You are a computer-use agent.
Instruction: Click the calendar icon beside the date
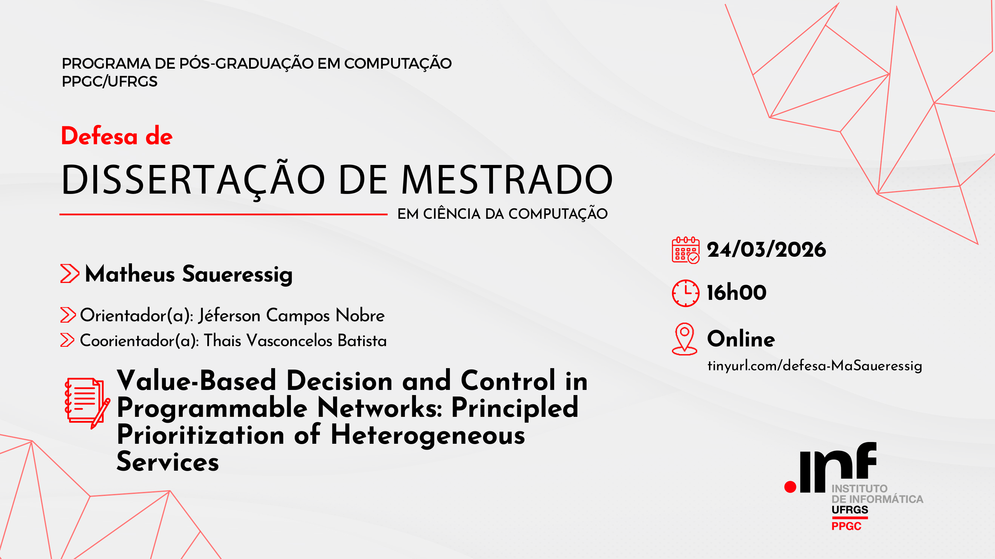point(685,250)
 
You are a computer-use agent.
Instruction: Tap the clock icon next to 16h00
point(685,293)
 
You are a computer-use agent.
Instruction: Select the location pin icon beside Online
point(684,339)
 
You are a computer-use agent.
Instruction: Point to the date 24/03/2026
point(766,249)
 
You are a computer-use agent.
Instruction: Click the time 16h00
point(737,292)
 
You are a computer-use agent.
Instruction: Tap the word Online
point(741,339)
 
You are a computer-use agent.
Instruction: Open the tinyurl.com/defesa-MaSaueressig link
point(815,365)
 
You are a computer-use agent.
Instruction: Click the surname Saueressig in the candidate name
point(237,275)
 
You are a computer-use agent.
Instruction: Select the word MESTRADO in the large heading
point(507,180)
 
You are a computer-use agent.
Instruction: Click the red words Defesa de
point(117,136)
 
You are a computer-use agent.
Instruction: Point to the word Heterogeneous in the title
point(428,435)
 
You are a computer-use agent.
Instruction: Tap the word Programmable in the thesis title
point(212,408)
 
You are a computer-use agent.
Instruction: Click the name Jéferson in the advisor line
point(229,316)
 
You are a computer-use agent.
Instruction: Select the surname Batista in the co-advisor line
point(362,340)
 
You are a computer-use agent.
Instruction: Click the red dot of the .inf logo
point(790,487)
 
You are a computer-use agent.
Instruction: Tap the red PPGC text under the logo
point(846,526)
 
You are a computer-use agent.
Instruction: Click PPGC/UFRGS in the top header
point(110,81)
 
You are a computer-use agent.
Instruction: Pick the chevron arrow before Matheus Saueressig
point(70,274)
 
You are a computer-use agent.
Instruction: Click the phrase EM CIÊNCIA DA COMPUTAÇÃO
point(503,214)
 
